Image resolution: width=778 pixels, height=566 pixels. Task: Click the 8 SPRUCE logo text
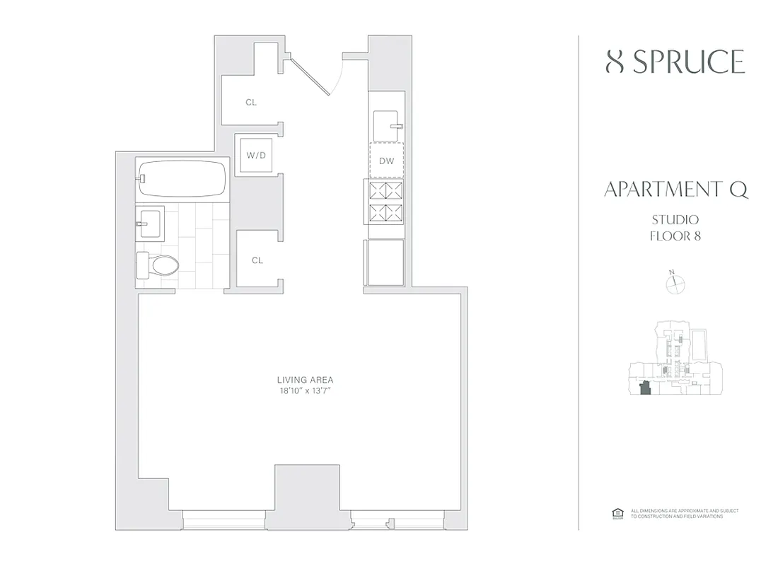[675, 62]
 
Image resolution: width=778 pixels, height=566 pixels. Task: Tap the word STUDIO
[675, 220]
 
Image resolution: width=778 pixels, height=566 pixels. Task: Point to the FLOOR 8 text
[675, 236]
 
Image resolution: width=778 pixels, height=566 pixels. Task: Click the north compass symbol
[676, 284]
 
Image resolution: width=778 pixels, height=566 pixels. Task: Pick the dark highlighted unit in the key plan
[644, 390]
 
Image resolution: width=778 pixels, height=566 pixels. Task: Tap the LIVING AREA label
[306, 379]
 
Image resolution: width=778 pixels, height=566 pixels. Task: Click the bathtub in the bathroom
[183, 179]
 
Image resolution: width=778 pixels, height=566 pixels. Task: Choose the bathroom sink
[150, 221]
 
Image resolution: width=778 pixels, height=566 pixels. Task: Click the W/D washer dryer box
[256, 154]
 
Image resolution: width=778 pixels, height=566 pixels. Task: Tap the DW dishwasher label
[386, 161]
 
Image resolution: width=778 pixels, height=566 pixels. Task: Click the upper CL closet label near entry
[251, 103]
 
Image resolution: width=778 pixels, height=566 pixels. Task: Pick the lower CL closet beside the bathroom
[257, 260]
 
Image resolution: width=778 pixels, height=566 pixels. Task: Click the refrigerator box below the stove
[384, 262]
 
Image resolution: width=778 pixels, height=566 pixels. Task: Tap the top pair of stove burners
[385, 189]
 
